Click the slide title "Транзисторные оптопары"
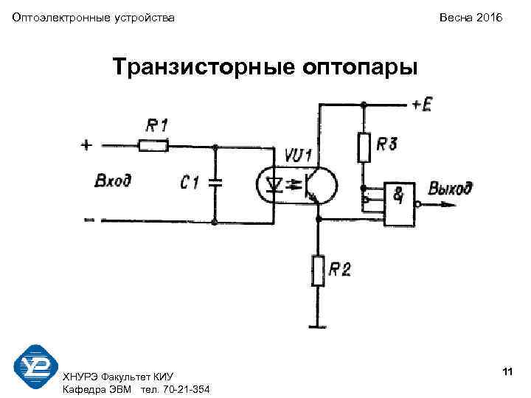click(x=265, y=67)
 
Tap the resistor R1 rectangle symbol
click(x=153, y=146)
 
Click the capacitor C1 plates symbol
click(x=215, y=183)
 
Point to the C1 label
click(x=190, y=181)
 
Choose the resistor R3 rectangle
click(x=364, y=147)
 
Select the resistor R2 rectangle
click(x=318, y=270)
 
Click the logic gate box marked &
click(x=399, y=202)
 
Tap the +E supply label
click(x=423, y=105)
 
